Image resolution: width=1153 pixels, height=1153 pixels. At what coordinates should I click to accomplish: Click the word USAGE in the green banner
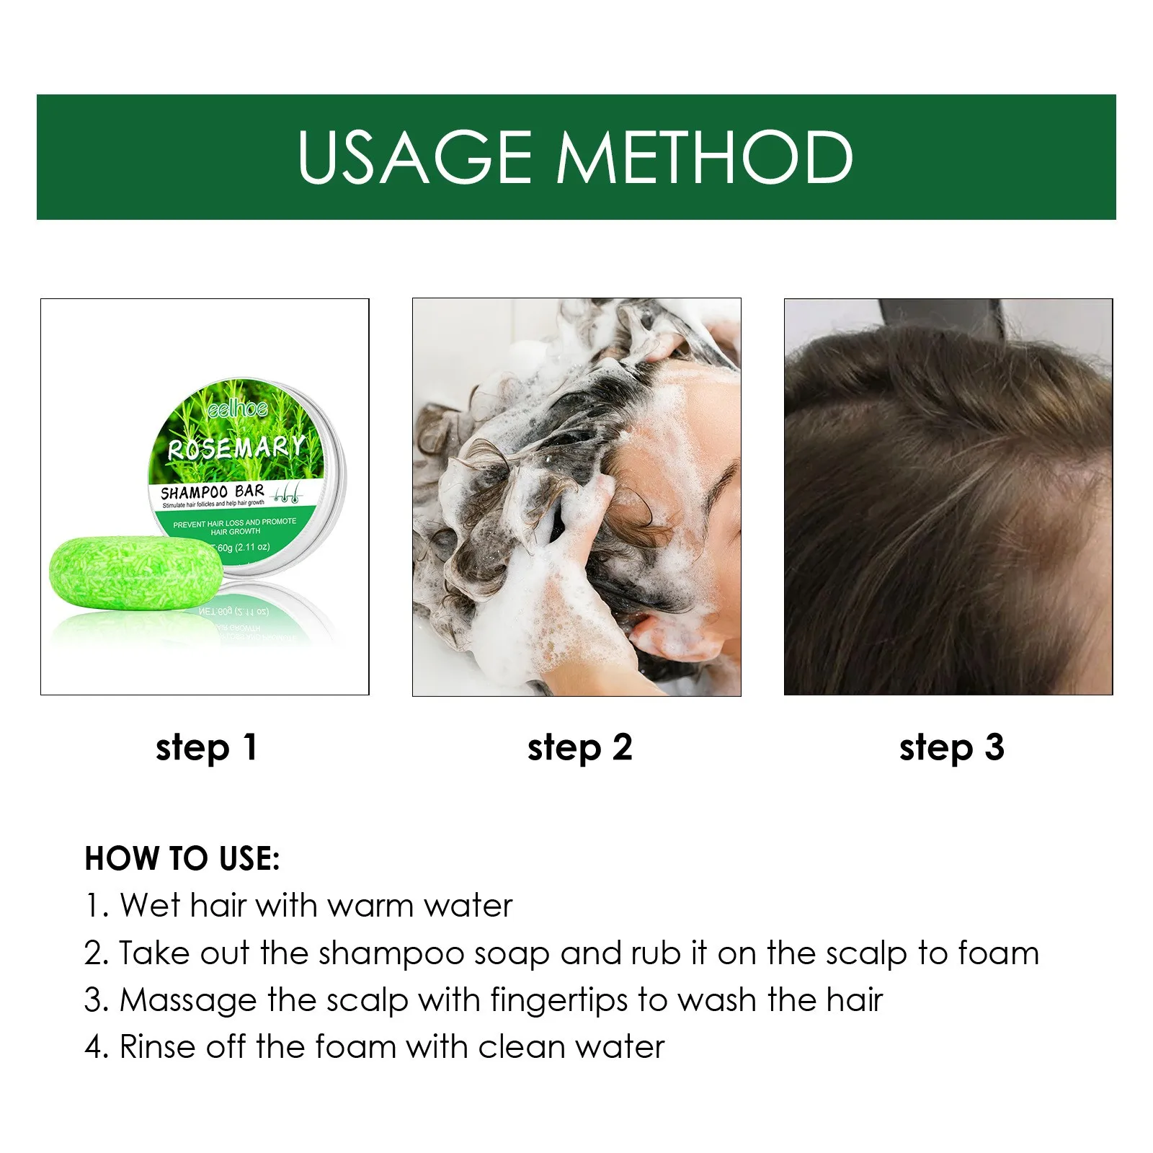pyautogui.click(x=414, y=157)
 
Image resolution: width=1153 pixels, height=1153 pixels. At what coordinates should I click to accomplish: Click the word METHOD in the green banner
pyautogui.click(x=705, y=157)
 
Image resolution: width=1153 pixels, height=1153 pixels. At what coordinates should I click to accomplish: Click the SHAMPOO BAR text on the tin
pyautogui.click(x=212, y=492)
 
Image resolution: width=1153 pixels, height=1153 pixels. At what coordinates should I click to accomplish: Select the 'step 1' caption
pyautogui.click(x=206, y=748)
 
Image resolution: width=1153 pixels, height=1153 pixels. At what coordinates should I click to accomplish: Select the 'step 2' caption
pyautogui.click(x=579, y=748)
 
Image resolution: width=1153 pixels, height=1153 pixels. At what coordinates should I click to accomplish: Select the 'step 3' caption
pyautogui.click(x=951, y=748)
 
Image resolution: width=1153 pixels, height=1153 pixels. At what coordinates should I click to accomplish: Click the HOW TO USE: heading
pyautogui.click(x=182, y=858)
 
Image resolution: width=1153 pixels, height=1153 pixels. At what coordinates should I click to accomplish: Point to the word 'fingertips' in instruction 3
pyautogui.click(x=559, y=1001)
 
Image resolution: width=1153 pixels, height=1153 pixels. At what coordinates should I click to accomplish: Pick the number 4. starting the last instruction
pyautogui.click(x=97, y=1047)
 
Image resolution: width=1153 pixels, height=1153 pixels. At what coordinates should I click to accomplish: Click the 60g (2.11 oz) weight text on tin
pyautogui.click(x=243, y=547)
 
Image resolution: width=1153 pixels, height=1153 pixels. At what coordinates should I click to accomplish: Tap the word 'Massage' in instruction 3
pyautogui.click(x=189, y=1001)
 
